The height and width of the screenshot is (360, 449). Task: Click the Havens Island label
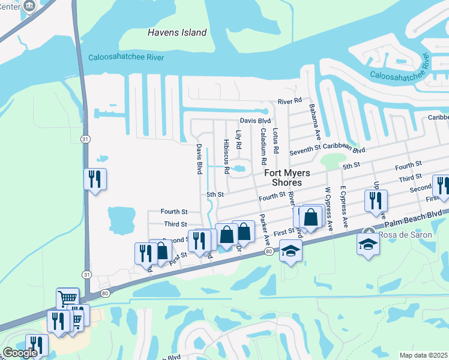(177, 33)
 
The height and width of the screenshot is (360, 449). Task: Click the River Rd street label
(289, 101)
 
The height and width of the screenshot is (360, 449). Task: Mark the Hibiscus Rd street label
(226, 157)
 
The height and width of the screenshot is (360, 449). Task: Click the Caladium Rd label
(263, 146)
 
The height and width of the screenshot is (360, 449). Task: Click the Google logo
(20, 353)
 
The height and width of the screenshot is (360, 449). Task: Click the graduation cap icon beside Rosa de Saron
(368, 243)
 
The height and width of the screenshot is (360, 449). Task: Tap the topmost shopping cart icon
(68, 298)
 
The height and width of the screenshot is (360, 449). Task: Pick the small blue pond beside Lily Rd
(240, 169)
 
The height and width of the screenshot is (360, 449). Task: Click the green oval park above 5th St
(333, 160)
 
